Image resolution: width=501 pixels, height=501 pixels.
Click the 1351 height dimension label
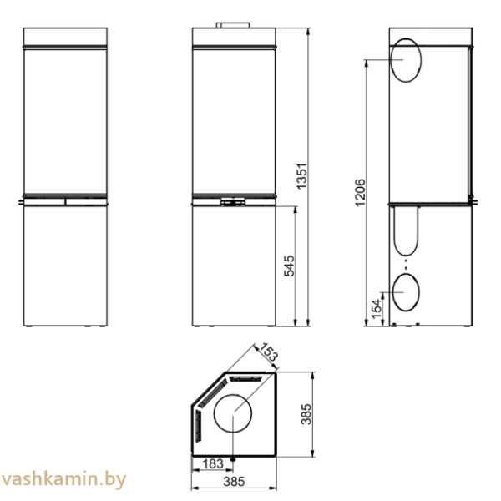(301, 176)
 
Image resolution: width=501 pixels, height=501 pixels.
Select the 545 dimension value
(289, 266)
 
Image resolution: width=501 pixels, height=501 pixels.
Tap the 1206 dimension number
(360, 193)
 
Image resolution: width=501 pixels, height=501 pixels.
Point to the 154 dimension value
(377, 309)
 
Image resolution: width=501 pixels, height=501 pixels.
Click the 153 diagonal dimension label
(268, 352)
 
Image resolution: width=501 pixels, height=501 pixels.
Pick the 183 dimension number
(213, 463)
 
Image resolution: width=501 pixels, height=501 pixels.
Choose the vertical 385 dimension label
(306, 414)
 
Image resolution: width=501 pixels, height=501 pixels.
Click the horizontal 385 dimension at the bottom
(234, 482)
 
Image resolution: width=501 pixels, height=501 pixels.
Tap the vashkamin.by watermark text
(64, 480)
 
